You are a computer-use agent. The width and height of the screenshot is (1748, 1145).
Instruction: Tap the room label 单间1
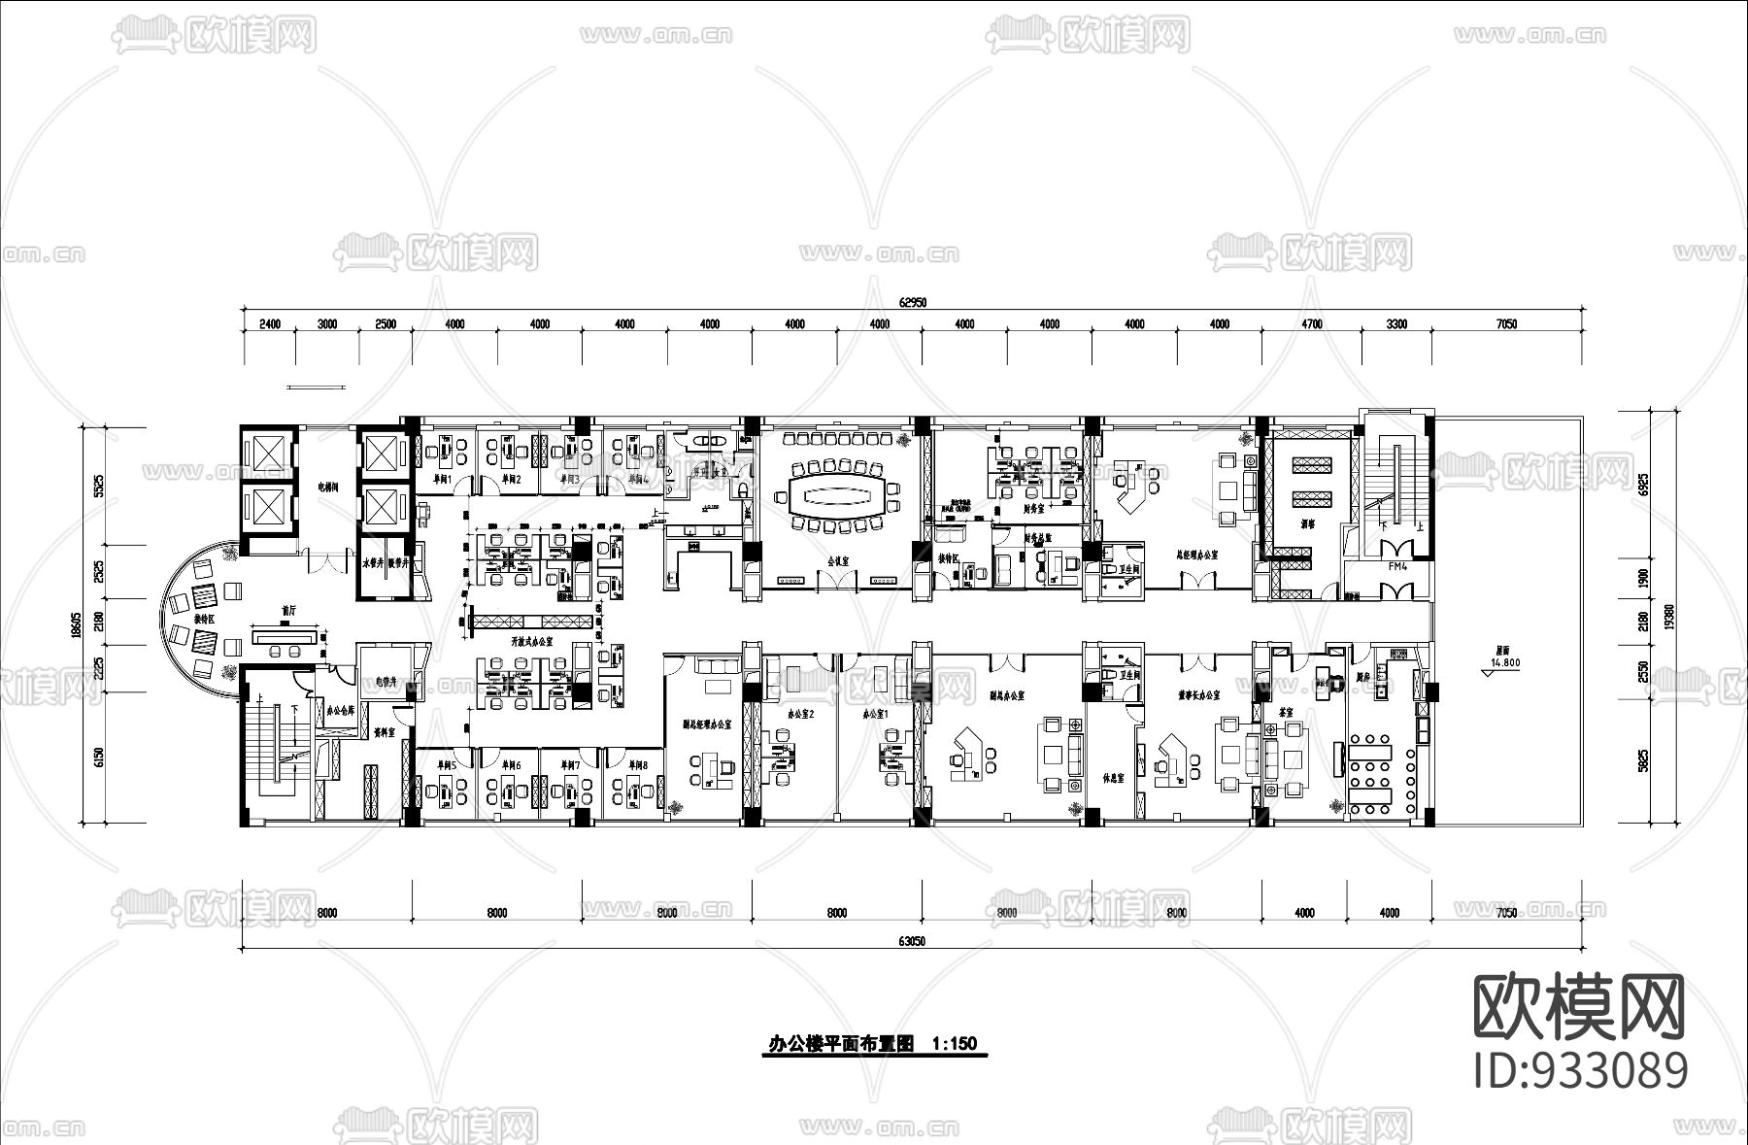(x=442, y=480)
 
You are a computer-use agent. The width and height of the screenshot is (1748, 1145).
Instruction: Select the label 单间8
(x=636, y=765)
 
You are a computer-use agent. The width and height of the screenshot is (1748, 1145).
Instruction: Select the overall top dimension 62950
(x=913, y=302)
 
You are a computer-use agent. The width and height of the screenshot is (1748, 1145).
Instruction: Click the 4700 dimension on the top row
(x=1311, y=324)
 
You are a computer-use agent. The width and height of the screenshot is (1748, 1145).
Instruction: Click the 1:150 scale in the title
(x=953, y=1044)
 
